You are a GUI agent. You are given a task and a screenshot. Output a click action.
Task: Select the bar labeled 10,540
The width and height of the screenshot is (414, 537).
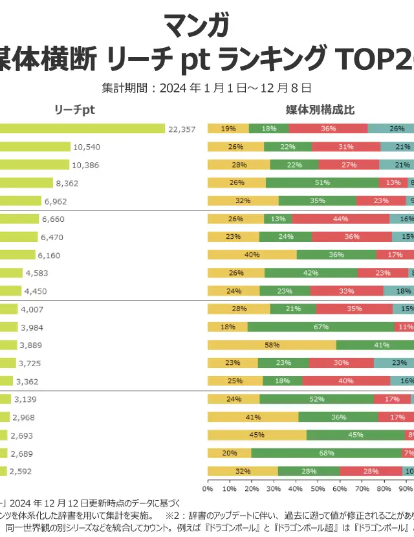[35, 147]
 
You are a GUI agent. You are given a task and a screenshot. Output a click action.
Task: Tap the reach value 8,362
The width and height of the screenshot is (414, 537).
[67, 183]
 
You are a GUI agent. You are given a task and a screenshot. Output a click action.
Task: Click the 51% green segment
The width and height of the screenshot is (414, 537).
[321, 183]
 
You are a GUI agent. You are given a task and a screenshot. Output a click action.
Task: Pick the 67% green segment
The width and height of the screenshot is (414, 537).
[321, 327]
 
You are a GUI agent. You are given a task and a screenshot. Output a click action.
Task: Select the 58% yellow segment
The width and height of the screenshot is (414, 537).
[272, 345]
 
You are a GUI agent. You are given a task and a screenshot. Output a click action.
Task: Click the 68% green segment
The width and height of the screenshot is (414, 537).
[327, 454]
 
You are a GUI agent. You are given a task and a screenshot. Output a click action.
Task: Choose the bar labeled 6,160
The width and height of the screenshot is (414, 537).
[17, 256]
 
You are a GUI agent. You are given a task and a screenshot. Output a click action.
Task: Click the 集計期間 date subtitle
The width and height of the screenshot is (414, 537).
[207, 88]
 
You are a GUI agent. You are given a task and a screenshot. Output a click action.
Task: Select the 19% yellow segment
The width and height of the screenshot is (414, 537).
[228, 129]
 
